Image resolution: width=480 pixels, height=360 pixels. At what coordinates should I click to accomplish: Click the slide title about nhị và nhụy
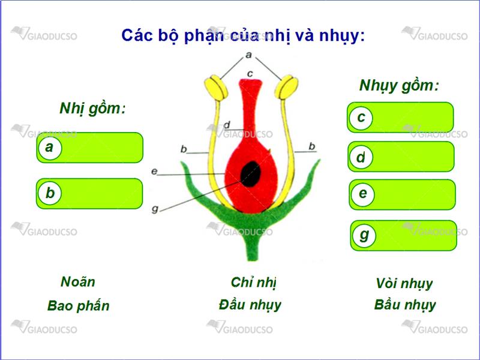243,36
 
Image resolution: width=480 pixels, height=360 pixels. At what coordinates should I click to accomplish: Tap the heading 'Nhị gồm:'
92,109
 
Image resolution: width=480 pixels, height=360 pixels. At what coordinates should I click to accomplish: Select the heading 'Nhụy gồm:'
399,86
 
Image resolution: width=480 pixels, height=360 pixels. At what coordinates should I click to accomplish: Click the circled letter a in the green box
50,148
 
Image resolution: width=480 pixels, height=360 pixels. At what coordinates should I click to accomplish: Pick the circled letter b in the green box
50,193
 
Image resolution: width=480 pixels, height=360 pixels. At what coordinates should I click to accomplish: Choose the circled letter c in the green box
361,118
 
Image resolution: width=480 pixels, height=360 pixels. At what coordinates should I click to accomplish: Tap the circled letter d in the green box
361,157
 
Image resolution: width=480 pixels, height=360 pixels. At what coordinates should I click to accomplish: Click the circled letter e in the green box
363,194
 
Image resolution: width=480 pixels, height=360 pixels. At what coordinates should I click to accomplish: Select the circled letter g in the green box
364,235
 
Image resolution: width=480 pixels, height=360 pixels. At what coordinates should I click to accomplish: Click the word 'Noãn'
78,281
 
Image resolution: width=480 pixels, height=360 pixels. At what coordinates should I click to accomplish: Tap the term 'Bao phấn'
79,306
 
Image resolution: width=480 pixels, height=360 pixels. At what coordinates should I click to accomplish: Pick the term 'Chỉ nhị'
253,283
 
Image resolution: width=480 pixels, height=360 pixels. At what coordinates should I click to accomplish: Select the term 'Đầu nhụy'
250,305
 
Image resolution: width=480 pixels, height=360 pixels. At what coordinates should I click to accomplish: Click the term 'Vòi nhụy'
404,284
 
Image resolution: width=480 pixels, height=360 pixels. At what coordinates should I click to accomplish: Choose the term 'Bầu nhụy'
404,305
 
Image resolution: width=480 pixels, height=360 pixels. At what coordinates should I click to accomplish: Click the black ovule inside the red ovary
251,174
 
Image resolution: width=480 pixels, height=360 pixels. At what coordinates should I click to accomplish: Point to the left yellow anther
216,88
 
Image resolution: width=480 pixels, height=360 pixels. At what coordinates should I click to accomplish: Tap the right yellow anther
286,87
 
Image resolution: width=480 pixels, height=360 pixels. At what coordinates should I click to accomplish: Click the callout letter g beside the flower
155,209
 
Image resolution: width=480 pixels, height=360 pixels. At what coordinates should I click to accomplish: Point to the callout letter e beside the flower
154,171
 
